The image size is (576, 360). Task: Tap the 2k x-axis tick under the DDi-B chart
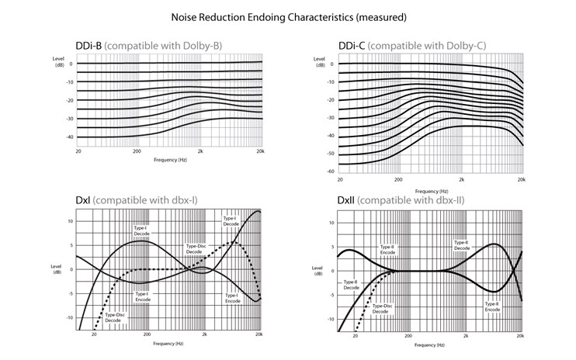pos(200,153)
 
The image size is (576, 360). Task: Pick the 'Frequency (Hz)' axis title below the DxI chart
pos(169,342)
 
